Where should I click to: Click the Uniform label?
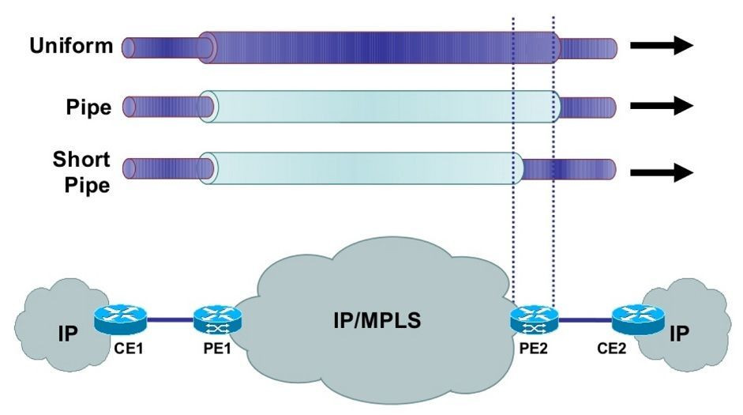[72, 46]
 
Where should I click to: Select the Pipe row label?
[88, 108]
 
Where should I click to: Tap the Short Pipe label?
[81, 172]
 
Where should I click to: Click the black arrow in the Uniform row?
[662, 46]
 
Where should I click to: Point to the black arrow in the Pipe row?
[662, 105]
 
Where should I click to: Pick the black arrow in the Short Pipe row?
[662, 172]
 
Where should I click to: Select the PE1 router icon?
[217, 319]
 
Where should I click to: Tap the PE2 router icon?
[535, 319]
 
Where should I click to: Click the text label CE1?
[129, 349]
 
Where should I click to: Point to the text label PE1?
[217, 349]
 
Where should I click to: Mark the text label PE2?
[534, 349]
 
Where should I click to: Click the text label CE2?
[611, 349]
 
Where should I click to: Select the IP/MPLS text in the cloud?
[377, 321]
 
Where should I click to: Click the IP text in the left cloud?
[68, 334]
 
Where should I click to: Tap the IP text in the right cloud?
[679, 334]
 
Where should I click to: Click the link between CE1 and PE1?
[170, 319]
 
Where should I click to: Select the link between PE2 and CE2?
[586, 320]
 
